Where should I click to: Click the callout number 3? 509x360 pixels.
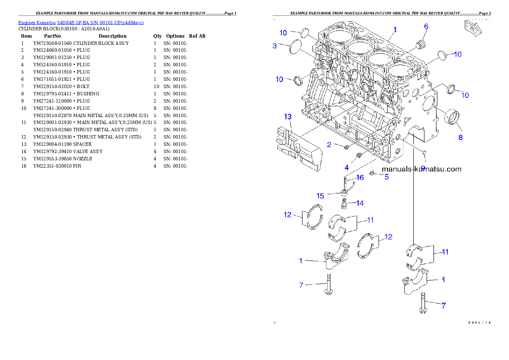tap(275, 45)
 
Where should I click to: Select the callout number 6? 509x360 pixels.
tap(426, 27)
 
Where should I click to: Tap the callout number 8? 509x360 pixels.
tap(460, 137)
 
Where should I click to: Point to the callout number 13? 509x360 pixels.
tap(288, 117)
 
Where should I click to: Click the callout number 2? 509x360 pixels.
tap(329, 145)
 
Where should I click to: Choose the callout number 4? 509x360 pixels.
tap(347, 166)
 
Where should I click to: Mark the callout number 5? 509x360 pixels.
tap(386, 177)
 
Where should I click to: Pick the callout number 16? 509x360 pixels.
tap(360, 177)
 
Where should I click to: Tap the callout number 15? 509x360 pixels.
tap(320, 196)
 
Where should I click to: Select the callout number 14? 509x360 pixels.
tap(360, 203)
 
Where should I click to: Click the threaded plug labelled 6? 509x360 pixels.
tap(422, 44)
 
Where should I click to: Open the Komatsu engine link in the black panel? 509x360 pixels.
tap(81, 23)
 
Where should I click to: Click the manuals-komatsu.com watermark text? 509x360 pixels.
tap(421, 169)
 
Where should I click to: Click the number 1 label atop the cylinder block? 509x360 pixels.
tap(395, 30)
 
